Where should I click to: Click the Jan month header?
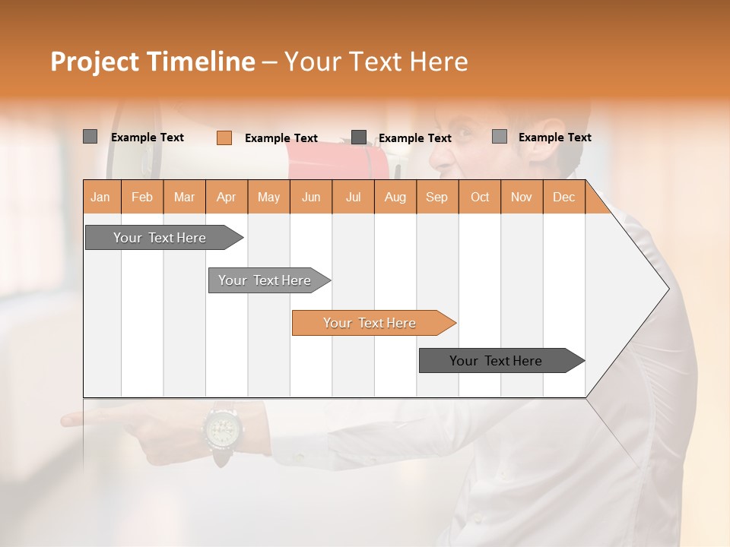[x=101, y=197]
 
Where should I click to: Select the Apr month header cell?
[x=226, y=197]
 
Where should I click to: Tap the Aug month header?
[x=395, y=197]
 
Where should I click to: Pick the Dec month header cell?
[x=563, y=197]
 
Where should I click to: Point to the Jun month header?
[x=310, y=197]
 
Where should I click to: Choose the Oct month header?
[x=479, y=197]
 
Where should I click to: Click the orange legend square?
[x=224, y=138]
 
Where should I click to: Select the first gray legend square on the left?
[x=90, y=137]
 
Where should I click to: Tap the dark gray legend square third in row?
[x=359, y=138]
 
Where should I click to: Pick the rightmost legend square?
[x=499, y=137]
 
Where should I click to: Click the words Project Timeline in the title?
[x=152, y=62]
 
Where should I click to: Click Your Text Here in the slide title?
[x=376, y=62]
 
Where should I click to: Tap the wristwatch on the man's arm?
[x=223, y=430]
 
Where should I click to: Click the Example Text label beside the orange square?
[x=281, y=138]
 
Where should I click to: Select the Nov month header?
[x=521, y=197]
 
